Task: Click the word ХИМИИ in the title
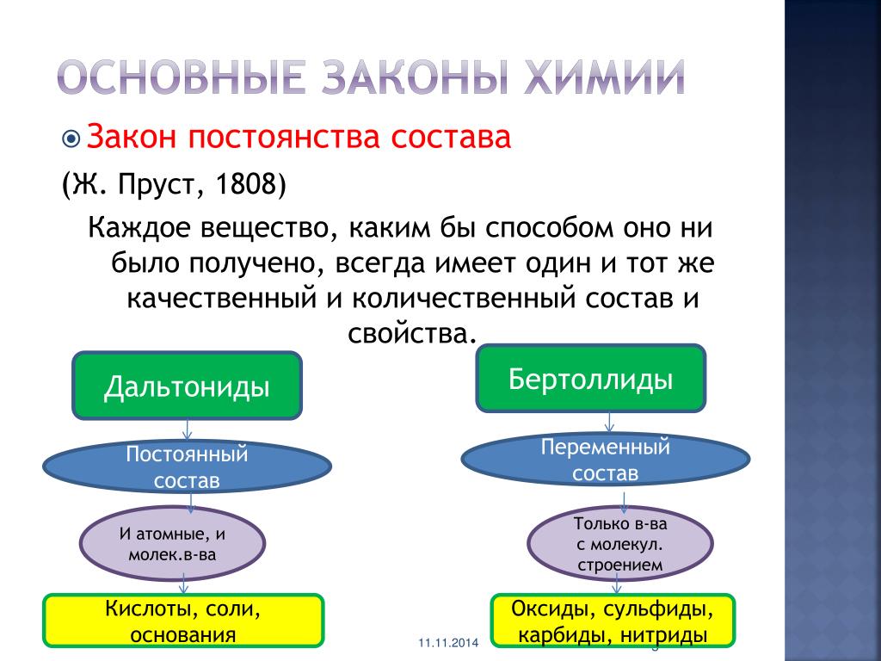point(604,77)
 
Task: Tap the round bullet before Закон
point(71,139)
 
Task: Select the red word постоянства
point(284,137)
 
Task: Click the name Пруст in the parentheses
point(153,185)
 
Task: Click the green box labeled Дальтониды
point(187,386)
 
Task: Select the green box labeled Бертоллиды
point(590,379)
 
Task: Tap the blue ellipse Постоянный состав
point(187,466)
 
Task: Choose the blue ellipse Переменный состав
point(605,460)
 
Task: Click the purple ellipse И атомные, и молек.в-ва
point(172,544)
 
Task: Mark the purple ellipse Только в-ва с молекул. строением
point(619,544)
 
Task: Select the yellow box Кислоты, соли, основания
point(183,621)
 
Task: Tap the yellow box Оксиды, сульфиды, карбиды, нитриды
point(613,621)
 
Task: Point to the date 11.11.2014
point(448,642)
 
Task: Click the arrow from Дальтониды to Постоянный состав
point(187,430)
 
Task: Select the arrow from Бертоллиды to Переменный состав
point(609,422)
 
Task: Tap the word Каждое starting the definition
point(139,228)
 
